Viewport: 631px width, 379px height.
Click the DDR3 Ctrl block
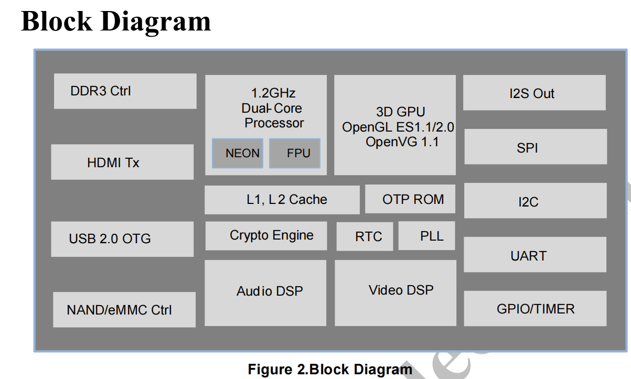tap(125, 91)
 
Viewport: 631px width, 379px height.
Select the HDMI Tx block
tap(122, 162)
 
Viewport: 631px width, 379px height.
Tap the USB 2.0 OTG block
tap(122, 239)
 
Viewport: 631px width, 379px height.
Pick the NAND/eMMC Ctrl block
tap(124, 309)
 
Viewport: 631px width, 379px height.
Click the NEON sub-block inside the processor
tap(238, 154)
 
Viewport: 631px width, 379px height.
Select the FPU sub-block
tap(295, 154)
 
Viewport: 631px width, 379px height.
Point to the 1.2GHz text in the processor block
tap(273, 93)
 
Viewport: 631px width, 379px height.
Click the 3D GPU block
tap(395, 125)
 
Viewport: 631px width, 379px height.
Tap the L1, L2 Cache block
tap(282, 200)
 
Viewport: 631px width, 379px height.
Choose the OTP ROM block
tap(410, 199)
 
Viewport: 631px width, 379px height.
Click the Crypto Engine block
tap(266, 236)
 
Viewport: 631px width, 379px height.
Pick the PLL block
tap(426, 236)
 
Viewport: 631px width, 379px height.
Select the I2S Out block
tap(534, 93)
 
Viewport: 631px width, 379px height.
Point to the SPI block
tap(535, 147)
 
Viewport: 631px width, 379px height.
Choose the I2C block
tap(535, 201)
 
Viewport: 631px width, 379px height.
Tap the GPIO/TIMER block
tap(535, 309)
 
